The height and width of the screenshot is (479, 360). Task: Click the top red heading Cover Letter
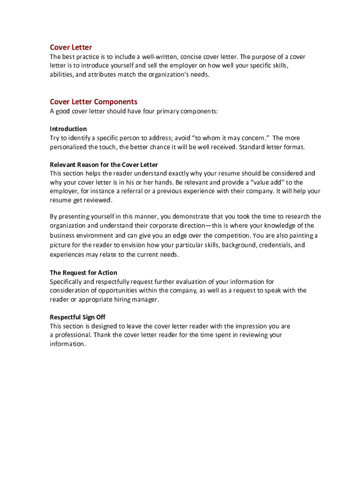point(71,47)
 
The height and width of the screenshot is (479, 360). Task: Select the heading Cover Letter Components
point(94,102)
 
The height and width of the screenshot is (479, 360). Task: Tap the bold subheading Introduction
point(68,129)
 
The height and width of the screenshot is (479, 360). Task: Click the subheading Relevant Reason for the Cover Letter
point(104,165)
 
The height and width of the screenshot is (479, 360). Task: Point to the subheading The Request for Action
point(84,273)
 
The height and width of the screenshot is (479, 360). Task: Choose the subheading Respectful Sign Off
point(78,317)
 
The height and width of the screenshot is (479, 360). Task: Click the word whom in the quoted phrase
point(208,138)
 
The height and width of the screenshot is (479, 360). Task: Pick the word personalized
point(70,147)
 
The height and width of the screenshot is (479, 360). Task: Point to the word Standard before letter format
point(253,147)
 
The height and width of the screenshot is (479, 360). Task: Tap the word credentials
point(274,245)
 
